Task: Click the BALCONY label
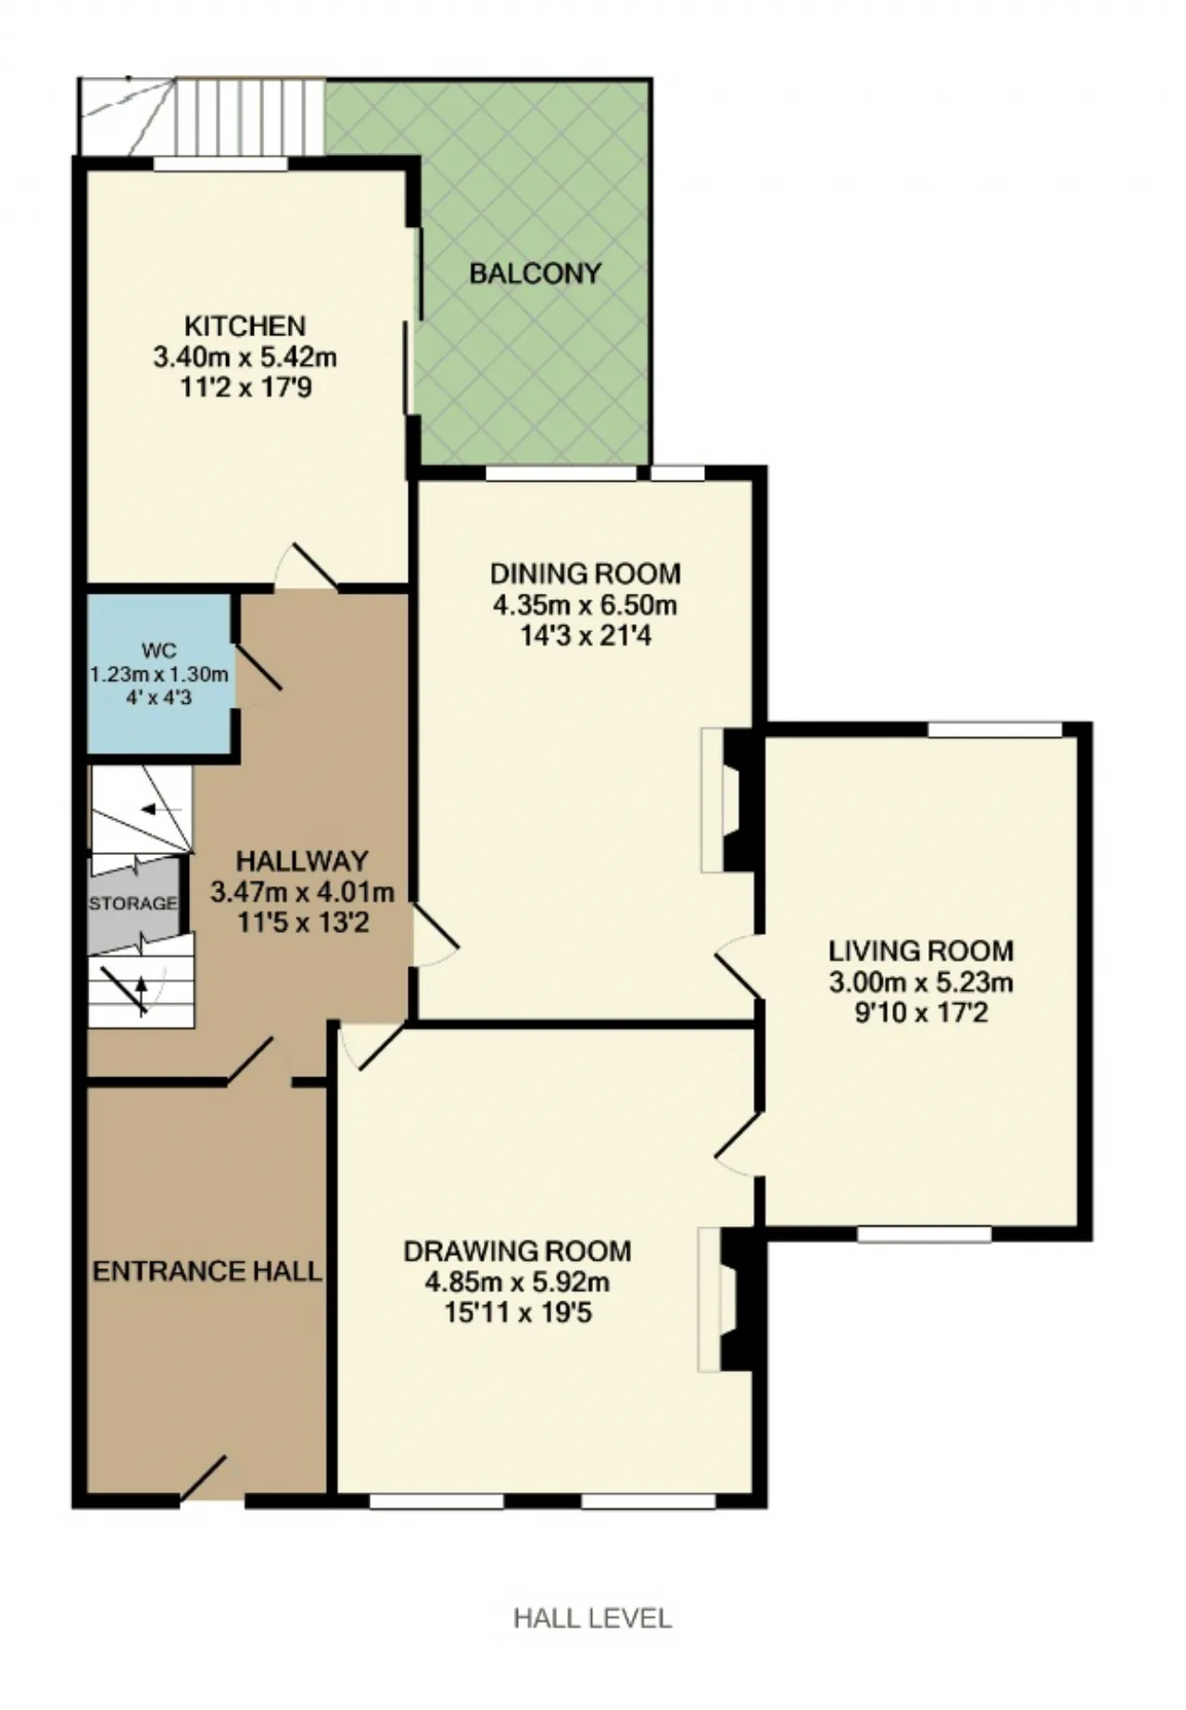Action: point(535,273)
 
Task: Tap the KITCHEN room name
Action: point(245,326)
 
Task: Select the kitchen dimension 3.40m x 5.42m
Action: point(245,357)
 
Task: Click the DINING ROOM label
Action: point(586,574)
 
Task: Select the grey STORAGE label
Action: point(132,903)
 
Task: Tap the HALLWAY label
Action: point(302,861)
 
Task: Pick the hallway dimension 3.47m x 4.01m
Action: point(302,893)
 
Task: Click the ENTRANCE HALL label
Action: point(208,1271)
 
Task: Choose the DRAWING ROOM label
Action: point(517,1251)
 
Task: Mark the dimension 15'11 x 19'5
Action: point(517,1314)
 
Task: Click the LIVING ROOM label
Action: point(921,950)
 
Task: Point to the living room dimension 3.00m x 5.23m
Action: point(921,982)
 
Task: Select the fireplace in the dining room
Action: point(730,800)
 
